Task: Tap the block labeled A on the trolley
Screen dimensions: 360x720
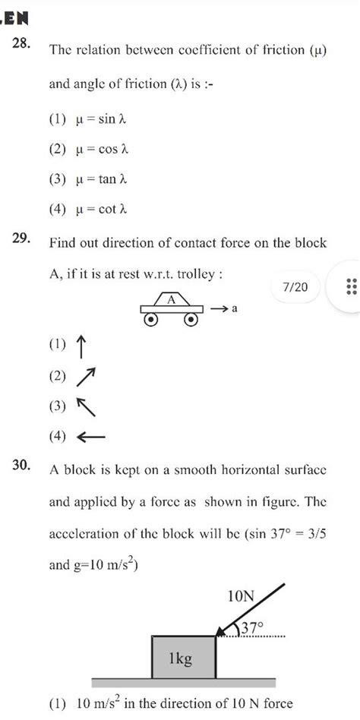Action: [x=172, y=299]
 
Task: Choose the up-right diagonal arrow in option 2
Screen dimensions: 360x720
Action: [x=86, y=377]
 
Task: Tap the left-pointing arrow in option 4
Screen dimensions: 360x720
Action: [x=90, y=437]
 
